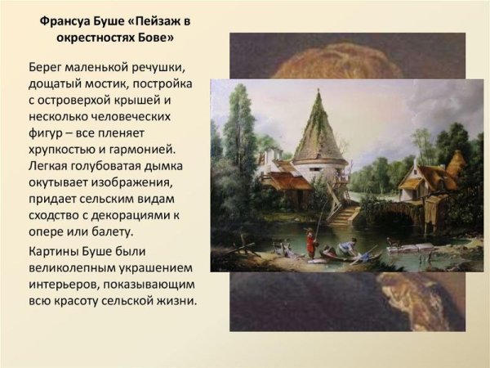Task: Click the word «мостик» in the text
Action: (x=117, y=83)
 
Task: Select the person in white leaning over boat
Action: (x=348, y=246)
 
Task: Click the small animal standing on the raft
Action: (x=393, y=241)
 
